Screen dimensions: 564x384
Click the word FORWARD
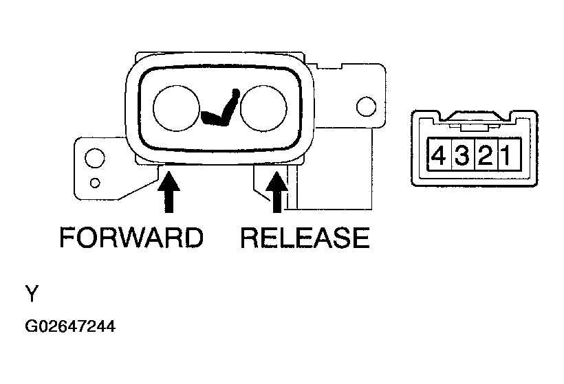coord(131,238)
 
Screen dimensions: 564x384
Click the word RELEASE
coord(305,238)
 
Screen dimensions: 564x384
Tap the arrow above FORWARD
coord(169,192)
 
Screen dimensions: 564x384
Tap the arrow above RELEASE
coord(276,192)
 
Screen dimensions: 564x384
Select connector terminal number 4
coord(438,155)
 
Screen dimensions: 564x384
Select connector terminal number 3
coord(463,155)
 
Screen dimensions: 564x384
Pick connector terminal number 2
coord(486,155)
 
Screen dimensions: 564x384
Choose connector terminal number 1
coord(508,155)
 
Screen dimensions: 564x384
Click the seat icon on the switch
coord(220,108)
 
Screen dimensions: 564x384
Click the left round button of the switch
coord(176,108)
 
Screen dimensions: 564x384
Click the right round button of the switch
coord(263,108)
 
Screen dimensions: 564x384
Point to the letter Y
coord(32,293)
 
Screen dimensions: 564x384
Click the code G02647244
coord(70,326)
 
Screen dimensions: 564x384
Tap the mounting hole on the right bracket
coord(366,106)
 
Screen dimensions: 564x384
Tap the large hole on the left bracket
coord(95,158)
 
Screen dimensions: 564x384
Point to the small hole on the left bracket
coord(95,183)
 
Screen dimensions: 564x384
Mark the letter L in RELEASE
coord(274,238)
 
